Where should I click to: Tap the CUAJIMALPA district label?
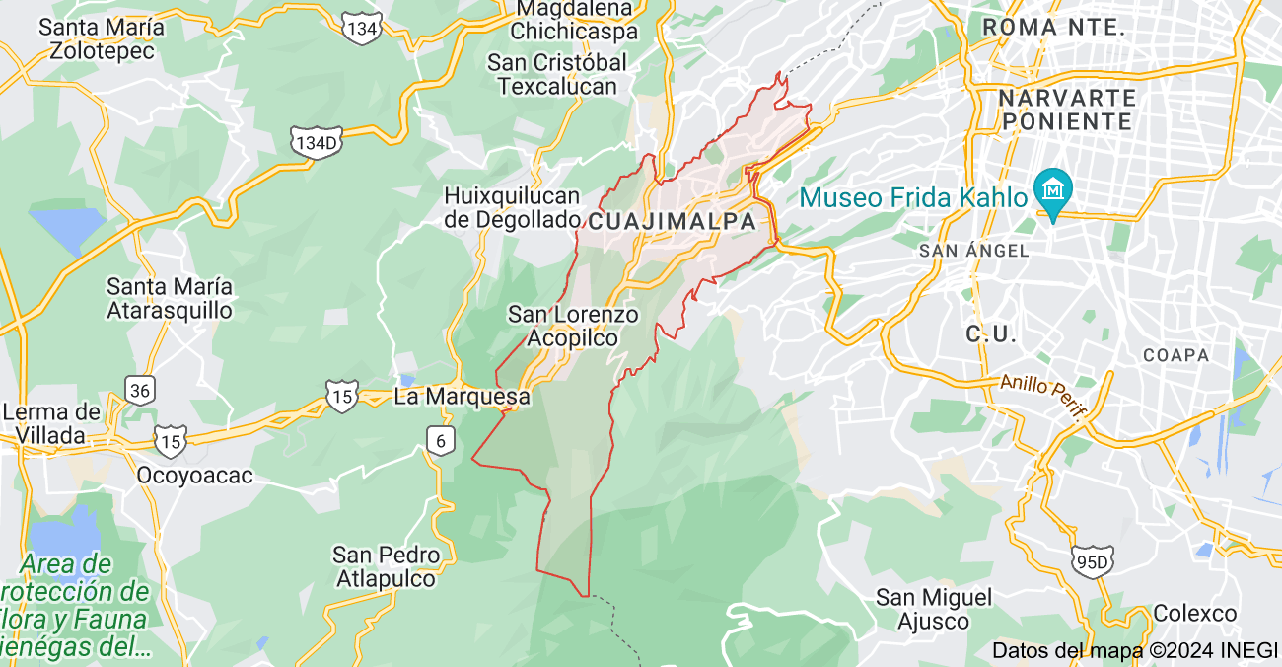coord(673,222)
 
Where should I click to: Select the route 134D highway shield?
coord(317,143)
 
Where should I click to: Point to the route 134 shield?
coord(362,29)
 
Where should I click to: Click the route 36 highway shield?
coord(140,391)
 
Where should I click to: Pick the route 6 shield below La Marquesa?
coord(441,441)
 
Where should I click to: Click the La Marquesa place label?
coord(462,398)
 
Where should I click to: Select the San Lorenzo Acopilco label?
coord(573,327)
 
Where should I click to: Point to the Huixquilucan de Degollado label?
coord(511,207)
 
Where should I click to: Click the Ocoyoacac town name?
coord(194,476)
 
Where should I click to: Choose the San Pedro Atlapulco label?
coord(386,567)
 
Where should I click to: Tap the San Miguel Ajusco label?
coord(934,609)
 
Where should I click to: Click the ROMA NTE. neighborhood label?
coord(1054,28)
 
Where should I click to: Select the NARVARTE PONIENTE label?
coord(1067,110)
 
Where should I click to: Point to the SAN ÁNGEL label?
coord(973,252)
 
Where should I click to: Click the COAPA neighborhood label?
coord(1175,355)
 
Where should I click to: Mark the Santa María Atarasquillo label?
coord(170,298)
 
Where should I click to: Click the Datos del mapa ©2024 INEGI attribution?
coord(1134,650)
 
